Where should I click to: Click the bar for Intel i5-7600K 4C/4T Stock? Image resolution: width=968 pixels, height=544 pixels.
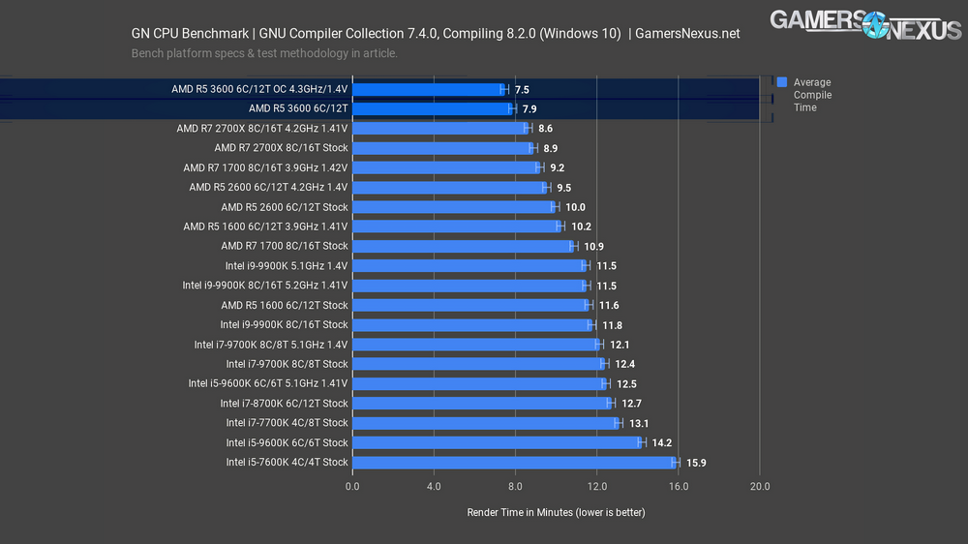(x=513, y=463)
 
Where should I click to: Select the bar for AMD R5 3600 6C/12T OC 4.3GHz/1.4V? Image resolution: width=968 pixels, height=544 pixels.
(x=427, y=89)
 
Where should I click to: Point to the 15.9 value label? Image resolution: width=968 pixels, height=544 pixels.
(x=696, y=463)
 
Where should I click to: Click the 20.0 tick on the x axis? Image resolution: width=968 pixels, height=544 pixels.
(x=760, y=486)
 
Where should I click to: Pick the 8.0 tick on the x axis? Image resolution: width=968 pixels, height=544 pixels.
(x=515, y=486)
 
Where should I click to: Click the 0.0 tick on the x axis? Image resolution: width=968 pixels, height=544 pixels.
(x=351, y=486)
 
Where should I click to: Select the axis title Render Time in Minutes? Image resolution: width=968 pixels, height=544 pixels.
(x=556, y=512)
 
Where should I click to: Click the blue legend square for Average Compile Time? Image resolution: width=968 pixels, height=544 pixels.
(x=781, y=82)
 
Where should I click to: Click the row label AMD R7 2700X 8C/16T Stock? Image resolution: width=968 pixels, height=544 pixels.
(x=281, y=148)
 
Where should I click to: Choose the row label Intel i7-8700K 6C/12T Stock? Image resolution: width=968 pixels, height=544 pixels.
(x=284, y=404)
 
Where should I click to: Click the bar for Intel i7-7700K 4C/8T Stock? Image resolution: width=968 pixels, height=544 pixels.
(x=484, y=423)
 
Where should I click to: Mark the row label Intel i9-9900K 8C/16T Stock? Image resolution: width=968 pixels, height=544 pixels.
(x=284, y=325)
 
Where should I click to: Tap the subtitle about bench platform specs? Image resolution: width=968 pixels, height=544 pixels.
(x=264, y=53)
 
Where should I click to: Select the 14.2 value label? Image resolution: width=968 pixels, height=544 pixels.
(x=661, y=443)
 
